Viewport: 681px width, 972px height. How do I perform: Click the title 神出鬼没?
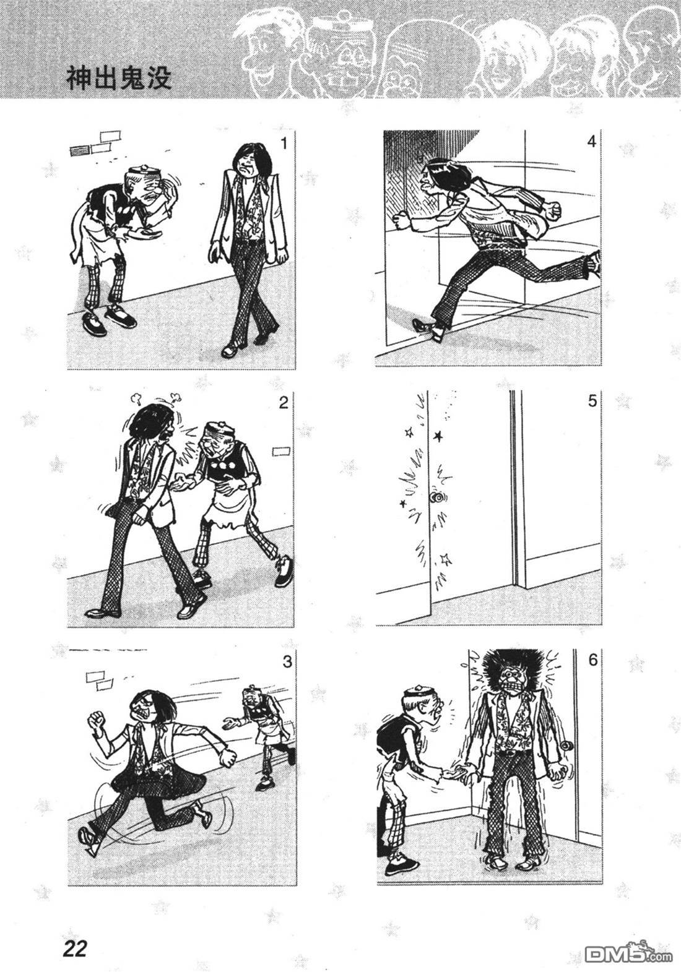pyautogui.click(x=119, y=79)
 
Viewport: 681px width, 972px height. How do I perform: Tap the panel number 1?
pyautogui.click(x=284, y=144)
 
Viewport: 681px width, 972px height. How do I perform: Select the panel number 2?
pyautogui.click(x=283, y=403)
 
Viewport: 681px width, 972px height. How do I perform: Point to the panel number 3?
pyautogui.click(x=287, y=662)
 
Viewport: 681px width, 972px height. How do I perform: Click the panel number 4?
pyautogui.click(x=591, y=142)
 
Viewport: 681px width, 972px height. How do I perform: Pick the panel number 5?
pyautogui.click(x=592, y=402)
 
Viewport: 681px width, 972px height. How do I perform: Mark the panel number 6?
pyautogui.click(x=593, y=660)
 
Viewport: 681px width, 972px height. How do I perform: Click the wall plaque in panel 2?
pyautogui.click(x=281, y=452)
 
